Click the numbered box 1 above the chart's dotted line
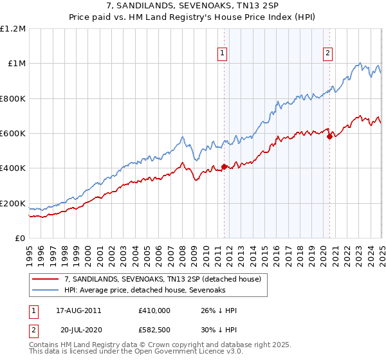(x=223, y=53)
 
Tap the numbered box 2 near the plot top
(x=327, y=53)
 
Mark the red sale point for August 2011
(x=224, y=166)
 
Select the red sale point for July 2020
(x=329, y=136)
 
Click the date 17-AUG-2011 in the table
(x=78, y=310)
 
